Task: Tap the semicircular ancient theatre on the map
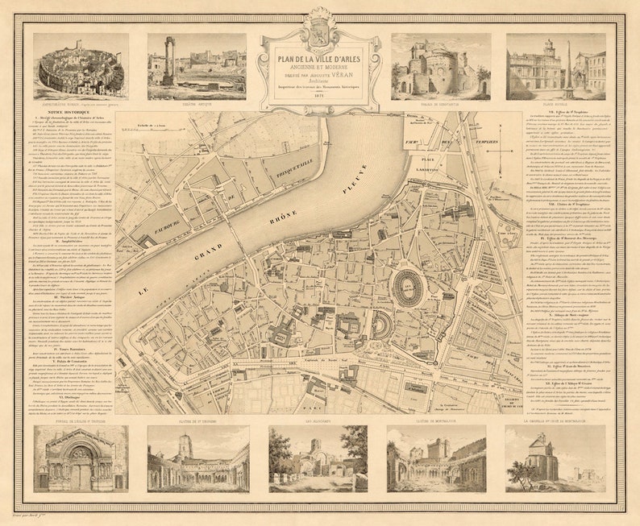tap(360, 325)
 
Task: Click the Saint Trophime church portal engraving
tap(81, 459)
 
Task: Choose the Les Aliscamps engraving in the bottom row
tap(318, 459)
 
